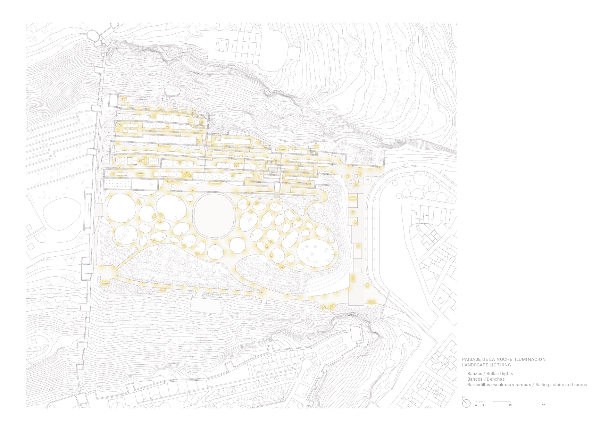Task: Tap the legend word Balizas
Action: point(475,374)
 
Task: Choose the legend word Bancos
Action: point(475,379)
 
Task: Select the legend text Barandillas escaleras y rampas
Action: point(499,385)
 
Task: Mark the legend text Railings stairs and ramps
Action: point(561,385)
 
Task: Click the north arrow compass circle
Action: point(466,403)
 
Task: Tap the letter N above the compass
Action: point(463,397)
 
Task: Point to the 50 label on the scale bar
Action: point(543,406)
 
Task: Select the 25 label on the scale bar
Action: point(510,406)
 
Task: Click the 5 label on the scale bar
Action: point(483,406)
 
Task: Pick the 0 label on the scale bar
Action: point(476,406)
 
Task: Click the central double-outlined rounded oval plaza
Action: point(213,215)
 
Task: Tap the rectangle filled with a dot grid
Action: point(118,184)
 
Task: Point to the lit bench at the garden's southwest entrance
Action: point(104,283)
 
